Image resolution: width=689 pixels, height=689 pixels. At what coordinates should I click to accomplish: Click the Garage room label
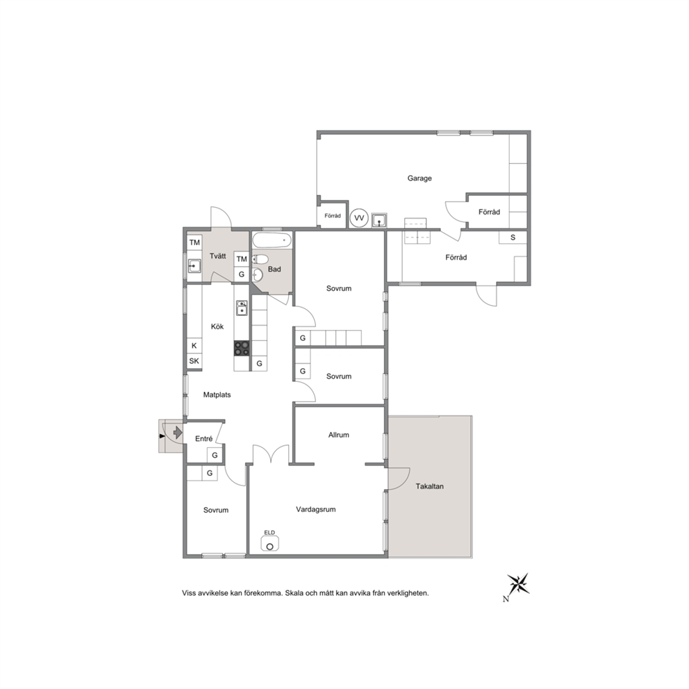(x=420, y=179)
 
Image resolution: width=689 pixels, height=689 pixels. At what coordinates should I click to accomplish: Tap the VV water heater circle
(x=359, y=218)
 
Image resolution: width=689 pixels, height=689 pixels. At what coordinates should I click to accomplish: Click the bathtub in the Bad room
(x=272, y=240)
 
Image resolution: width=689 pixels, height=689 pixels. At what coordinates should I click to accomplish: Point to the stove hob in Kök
(x=242, y=349)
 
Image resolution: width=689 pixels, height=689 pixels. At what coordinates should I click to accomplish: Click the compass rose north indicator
(x=518, y=584)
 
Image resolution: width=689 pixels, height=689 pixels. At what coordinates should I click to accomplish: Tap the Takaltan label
(x=430, y=486)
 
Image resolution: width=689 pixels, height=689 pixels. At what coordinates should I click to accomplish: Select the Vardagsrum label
(x=315, y=509)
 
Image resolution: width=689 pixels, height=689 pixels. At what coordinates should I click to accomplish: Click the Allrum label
(x=338, y=435)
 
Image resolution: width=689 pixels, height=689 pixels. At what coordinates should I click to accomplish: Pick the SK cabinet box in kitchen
(x=194, y=361)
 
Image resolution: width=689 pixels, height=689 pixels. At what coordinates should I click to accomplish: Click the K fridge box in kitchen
(x=194, y=346)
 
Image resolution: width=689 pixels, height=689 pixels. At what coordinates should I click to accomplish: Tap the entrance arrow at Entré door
(x=178, y=433)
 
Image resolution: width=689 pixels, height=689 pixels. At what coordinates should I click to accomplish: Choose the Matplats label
(x=217, y=395)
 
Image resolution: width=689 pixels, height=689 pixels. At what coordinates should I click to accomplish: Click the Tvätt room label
(x=217, y=256)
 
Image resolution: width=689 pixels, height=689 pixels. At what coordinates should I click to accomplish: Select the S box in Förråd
(x=513, y=238)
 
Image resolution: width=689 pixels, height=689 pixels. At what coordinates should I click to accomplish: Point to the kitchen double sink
(x=242, y=308)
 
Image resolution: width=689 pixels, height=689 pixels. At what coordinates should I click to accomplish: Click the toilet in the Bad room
(x=260, y=259)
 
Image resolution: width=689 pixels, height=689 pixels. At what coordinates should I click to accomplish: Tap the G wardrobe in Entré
(x=215, y=455)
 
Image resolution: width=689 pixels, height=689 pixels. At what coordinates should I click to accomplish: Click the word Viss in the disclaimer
(x=189, y=593)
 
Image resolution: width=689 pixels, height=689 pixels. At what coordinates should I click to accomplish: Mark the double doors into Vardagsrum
(x=271, y=454)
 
